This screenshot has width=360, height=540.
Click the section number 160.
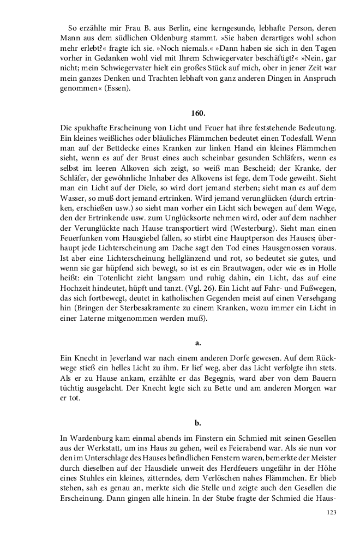[x=198, y=113]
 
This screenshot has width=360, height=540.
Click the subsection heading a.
[x=198, y=343]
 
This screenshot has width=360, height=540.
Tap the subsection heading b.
[x=198, y=422]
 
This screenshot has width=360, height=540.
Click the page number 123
[x=331, y=512]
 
